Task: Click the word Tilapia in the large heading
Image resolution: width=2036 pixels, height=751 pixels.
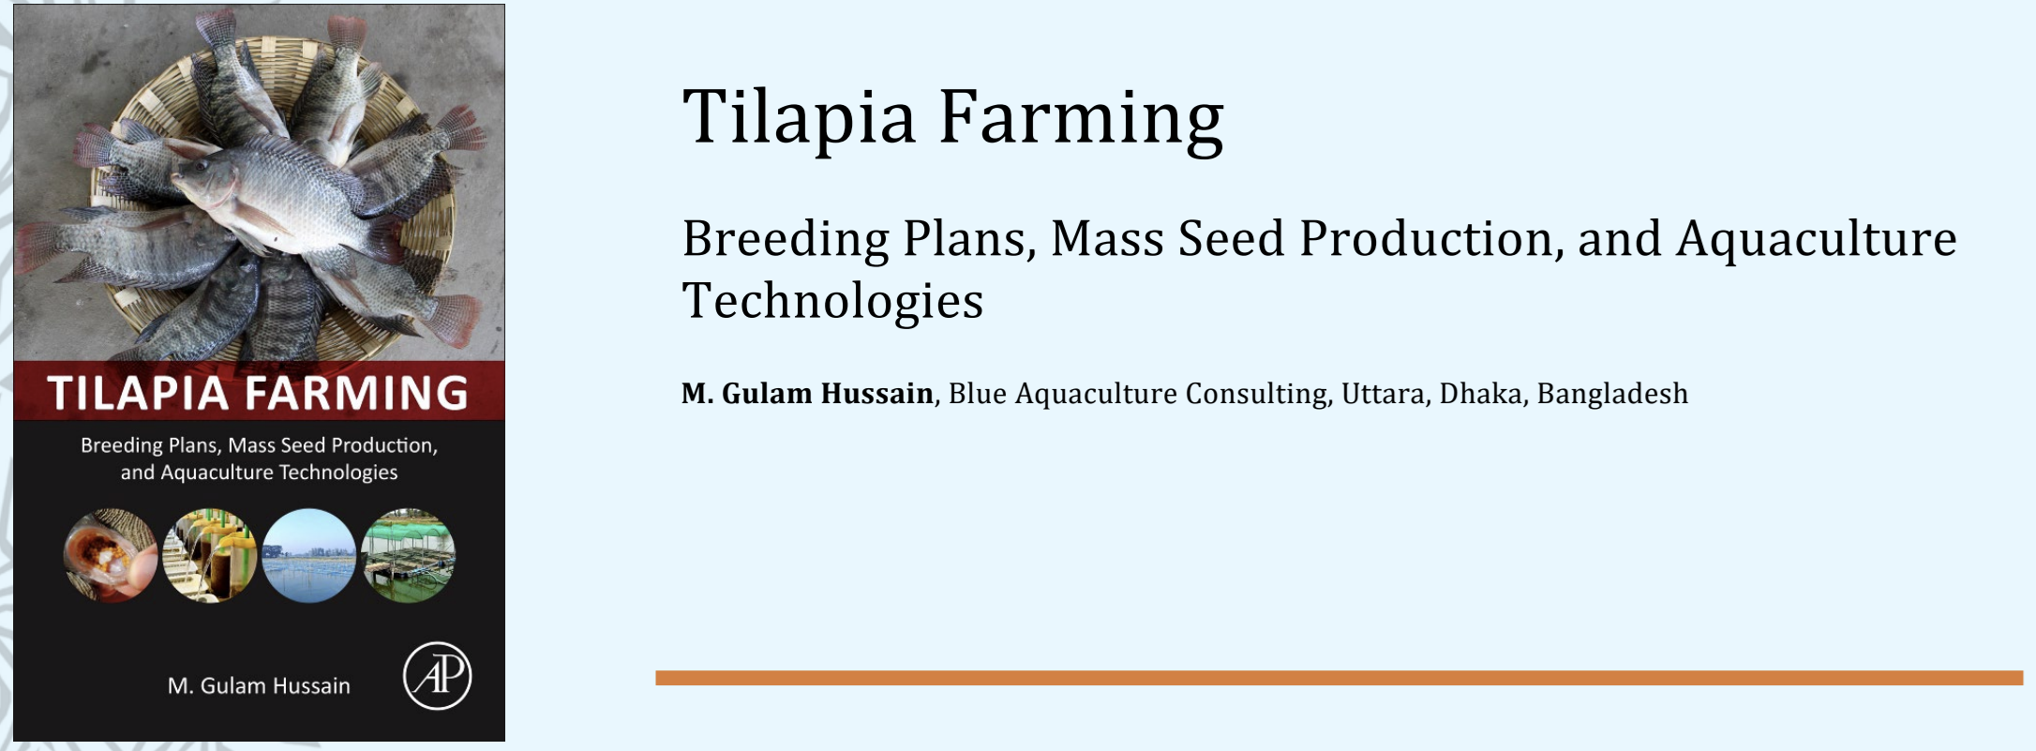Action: (799, 118)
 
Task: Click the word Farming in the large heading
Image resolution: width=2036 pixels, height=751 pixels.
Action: (1081, 118)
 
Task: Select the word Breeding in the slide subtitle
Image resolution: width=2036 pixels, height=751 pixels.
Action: (786, 239)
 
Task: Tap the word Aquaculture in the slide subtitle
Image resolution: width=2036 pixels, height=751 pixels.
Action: (1817, 239)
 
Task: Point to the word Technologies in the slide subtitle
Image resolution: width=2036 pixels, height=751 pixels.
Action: (832, 300)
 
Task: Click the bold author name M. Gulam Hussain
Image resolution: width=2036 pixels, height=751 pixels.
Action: (807, 394)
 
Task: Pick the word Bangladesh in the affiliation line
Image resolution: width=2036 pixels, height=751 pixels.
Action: (1612, 394)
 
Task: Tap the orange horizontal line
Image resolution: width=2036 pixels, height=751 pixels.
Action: (1339, 678)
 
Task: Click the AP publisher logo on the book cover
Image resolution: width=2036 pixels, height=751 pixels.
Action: (438, 676)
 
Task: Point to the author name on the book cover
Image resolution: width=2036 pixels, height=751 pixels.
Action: (259, 686)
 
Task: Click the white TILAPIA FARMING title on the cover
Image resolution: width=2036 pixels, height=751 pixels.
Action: (258, 393)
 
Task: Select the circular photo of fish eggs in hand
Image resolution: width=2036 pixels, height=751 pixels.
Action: (111, 555)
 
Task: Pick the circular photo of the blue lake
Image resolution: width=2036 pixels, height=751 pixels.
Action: (308, 555)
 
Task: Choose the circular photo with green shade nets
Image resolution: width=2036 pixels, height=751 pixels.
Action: (408, 555)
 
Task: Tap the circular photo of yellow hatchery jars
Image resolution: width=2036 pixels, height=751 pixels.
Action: (209, 555)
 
